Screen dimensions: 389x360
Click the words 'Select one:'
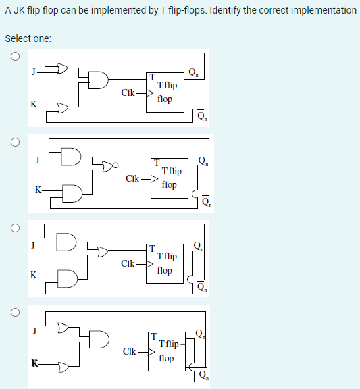[28, 38]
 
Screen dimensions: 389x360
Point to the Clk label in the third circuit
[128, 262]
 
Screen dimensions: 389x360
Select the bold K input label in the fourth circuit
[33, 364]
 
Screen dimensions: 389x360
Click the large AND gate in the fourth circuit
[99, 340]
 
